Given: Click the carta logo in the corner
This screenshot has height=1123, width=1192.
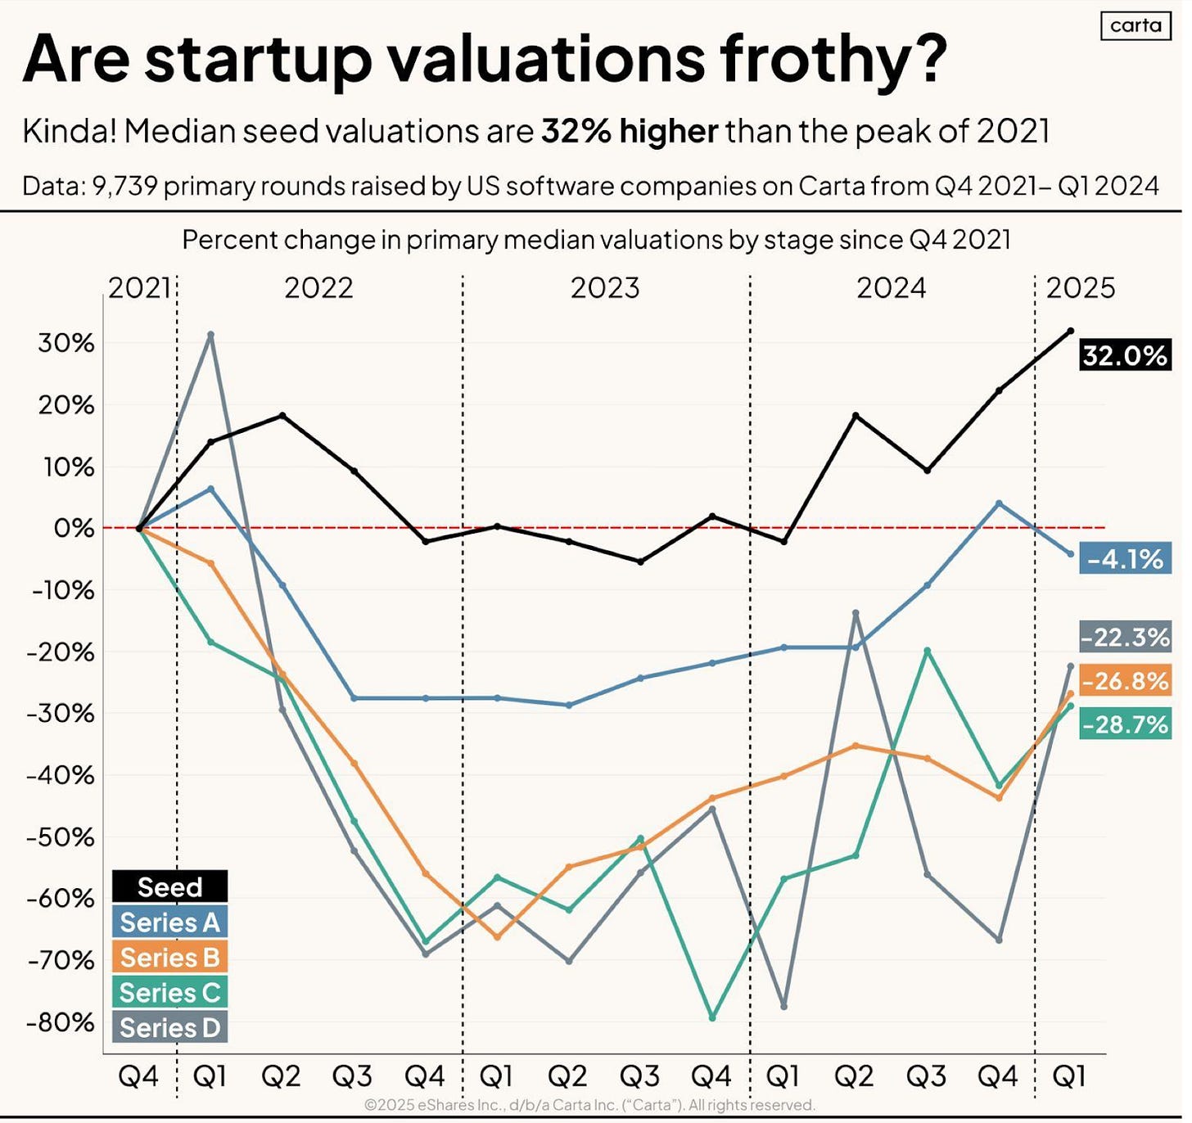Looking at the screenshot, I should (x=1136, y=25).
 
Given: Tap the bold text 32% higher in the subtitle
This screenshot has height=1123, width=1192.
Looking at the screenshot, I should (x=630, y=131).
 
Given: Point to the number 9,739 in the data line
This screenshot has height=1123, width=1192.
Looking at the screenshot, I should (x=124, y=186).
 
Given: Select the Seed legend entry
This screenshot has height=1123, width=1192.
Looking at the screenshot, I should (x=169, y=886).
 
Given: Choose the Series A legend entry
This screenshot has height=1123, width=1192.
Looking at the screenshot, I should (x=169, y=922).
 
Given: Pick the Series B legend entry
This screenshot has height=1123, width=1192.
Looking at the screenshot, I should (x=169, y=958).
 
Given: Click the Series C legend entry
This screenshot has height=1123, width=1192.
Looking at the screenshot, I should (x=169, y=993).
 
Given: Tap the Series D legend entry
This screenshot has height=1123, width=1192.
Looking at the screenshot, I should (x=169, y=1028).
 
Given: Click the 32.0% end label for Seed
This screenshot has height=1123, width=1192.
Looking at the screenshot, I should (x=1124, y=355).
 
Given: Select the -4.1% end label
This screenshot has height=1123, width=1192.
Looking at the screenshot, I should (x=1125, y=559).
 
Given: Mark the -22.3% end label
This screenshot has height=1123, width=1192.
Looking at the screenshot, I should (x=1125, y=637).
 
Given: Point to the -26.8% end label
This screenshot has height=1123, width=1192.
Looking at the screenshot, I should (x=1125, y=680).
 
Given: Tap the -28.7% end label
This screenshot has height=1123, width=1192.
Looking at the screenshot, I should (x=1125, y=724).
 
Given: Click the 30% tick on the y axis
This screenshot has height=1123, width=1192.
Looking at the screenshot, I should (x=66, y=343).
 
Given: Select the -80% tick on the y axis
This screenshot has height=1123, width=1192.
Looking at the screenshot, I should (x=61, y=1022).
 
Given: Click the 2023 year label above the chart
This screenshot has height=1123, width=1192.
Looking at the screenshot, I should (x=605, y=288).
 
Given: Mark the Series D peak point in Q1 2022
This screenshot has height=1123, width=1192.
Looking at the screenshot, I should (x=211, y=335).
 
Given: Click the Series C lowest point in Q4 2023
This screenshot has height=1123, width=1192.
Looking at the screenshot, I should (x=712, y=1017).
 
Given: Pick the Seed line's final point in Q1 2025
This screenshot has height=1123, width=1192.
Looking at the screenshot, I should (x=1070, y=331).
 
